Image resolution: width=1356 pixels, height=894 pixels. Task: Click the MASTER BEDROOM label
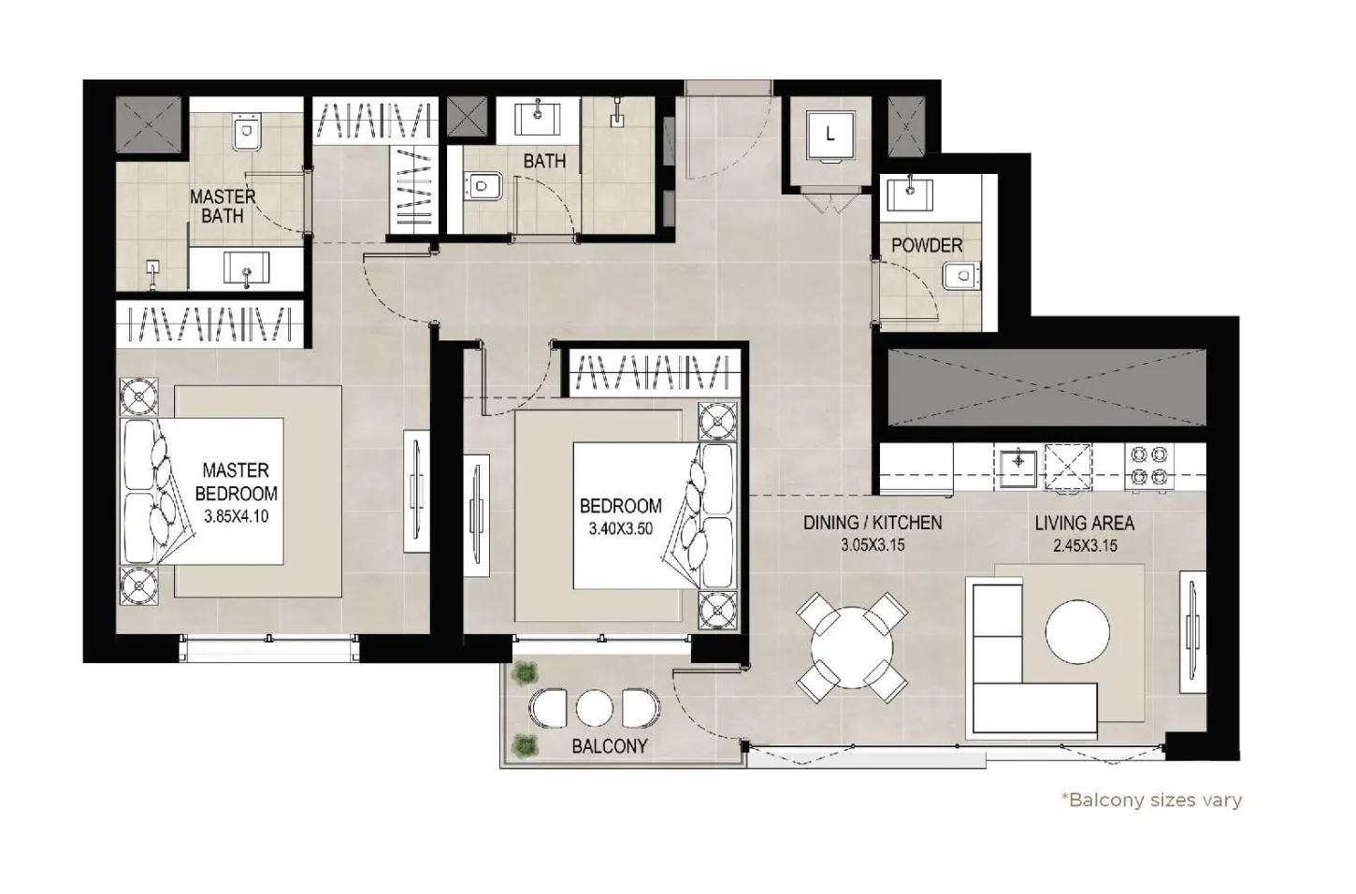pyautogui.click(x=236, y=482)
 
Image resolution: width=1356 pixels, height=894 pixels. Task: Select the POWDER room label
pyautogui.click(x=926, y=245)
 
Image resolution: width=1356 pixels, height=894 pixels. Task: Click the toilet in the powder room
pyautogui.click(x=960, y=276)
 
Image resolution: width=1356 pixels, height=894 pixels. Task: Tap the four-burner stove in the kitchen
pyautogui.click(x=1150, y=466)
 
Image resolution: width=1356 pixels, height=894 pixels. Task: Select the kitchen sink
pyautogui.click(x=1016, y=465)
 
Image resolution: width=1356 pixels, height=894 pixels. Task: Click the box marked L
pyautogui.click(x=829, y=134)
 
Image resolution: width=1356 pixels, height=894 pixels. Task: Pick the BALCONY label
pyautogui.click(x=610, y=746)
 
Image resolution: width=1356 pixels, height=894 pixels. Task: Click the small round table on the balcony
pyautogui.click(x=594, y=708)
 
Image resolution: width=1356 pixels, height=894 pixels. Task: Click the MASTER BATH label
pyautogui.click(x=223, y=206)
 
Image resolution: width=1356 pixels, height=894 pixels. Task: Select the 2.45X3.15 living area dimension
pyautogui.click(x=1084, y=546)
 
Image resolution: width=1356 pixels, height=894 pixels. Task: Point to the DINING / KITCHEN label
pyautogui.click(x=873, y=524)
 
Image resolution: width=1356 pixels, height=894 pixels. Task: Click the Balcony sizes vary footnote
pyautogui.click(x=1150, y=800)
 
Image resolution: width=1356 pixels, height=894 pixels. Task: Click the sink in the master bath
pyautogui.click(x=247, y=269)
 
